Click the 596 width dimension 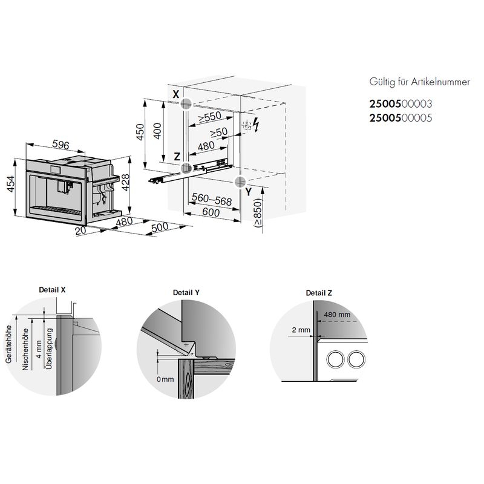[61, 144]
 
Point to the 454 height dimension [10, 184]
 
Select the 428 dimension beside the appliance [126, 183]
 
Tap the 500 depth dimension [160, 227]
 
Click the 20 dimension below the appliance [80, 231]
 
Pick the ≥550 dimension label [210, 117]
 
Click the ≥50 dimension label [219, 132]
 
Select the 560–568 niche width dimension [212, 200]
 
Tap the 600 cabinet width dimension [211, 212]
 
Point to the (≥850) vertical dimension [258, 213]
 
